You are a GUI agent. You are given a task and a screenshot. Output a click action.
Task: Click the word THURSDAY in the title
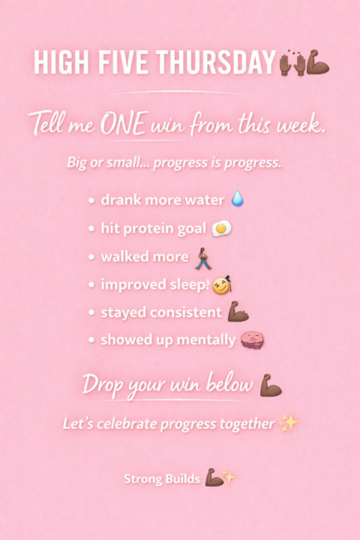(x=216, y=62)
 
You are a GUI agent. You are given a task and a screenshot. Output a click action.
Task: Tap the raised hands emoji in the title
(x=292, y=63)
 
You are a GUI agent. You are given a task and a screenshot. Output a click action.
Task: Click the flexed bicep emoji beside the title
(x=318, y=62)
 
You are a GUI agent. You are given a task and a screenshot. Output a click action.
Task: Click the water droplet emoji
(x=237, y=198)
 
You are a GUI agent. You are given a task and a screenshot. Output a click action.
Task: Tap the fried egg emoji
(x=221, y=228)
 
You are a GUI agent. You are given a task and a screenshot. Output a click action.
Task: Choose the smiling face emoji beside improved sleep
(x=221, y=286)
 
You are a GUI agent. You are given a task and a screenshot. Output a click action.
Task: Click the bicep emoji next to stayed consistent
(x=238, y=312)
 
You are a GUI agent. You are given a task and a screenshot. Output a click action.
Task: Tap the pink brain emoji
(x=253, y=340)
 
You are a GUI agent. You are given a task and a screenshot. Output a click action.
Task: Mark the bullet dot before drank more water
(x=91, y=200)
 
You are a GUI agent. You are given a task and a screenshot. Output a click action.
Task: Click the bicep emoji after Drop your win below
(x=271, y=385)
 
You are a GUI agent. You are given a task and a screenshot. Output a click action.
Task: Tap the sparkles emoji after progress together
(x=289, y=423)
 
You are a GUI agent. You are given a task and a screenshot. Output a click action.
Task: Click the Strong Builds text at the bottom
(x=162, y=478)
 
